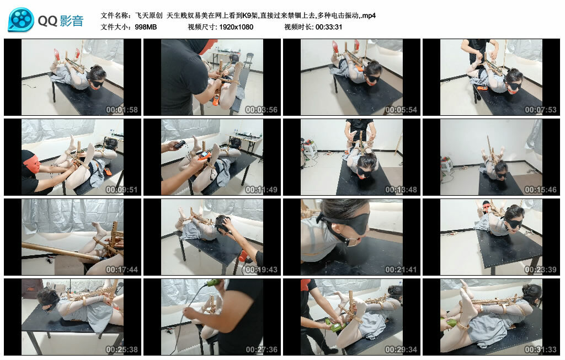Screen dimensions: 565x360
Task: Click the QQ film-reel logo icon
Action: click(21, 20)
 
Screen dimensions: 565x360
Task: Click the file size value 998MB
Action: click(146, 27)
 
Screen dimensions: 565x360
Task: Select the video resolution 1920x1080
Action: click(236, 27)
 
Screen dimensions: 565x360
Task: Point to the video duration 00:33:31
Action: click(329, 27)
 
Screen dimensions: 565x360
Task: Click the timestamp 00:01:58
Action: click(122, 110)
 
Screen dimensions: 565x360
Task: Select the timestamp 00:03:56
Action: click(261, 110)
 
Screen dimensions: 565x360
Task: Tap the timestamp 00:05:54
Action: click(401, 110)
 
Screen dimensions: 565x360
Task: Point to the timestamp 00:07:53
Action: click(541, 110)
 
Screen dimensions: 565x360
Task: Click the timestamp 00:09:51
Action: click(122, 190)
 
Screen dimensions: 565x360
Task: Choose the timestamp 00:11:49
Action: click(261, 190)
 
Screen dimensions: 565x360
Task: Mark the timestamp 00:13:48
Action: click(401, 190)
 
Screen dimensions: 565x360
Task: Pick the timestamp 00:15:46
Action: click(541, 190)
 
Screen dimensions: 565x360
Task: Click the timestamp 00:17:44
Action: click(122, 270)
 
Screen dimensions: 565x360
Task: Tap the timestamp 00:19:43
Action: click(261, 270)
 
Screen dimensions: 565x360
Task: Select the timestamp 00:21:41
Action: click(401, 270)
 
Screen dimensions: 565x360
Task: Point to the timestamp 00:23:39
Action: click(541, 270)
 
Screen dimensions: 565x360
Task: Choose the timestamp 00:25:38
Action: click(122, 350)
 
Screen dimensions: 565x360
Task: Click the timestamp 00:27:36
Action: click(261, 350)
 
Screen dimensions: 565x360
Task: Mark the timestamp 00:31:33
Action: click(541, 350)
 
